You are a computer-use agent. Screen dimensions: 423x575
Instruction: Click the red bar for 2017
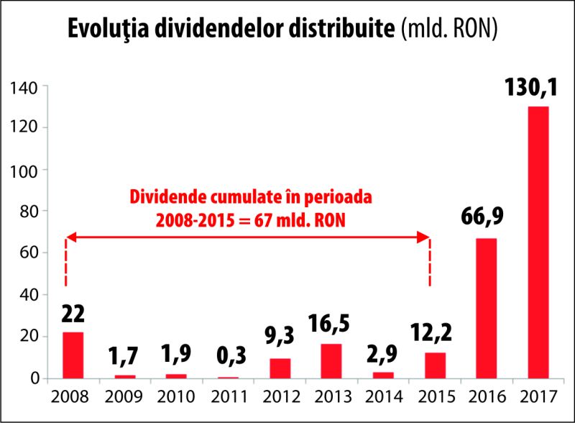tap(538, 242)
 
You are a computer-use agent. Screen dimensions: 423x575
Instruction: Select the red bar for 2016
tap(487, 308)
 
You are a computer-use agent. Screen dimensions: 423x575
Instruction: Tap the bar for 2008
tap(73, 355)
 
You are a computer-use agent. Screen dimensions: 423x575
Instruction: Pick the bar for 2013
tap(331, 360)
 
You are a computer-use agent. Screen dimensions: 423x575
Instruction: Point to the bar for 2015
tap(435, 365)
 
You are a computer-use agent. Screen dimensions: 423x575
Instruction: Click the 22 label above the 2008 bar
tap(73, 314)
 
